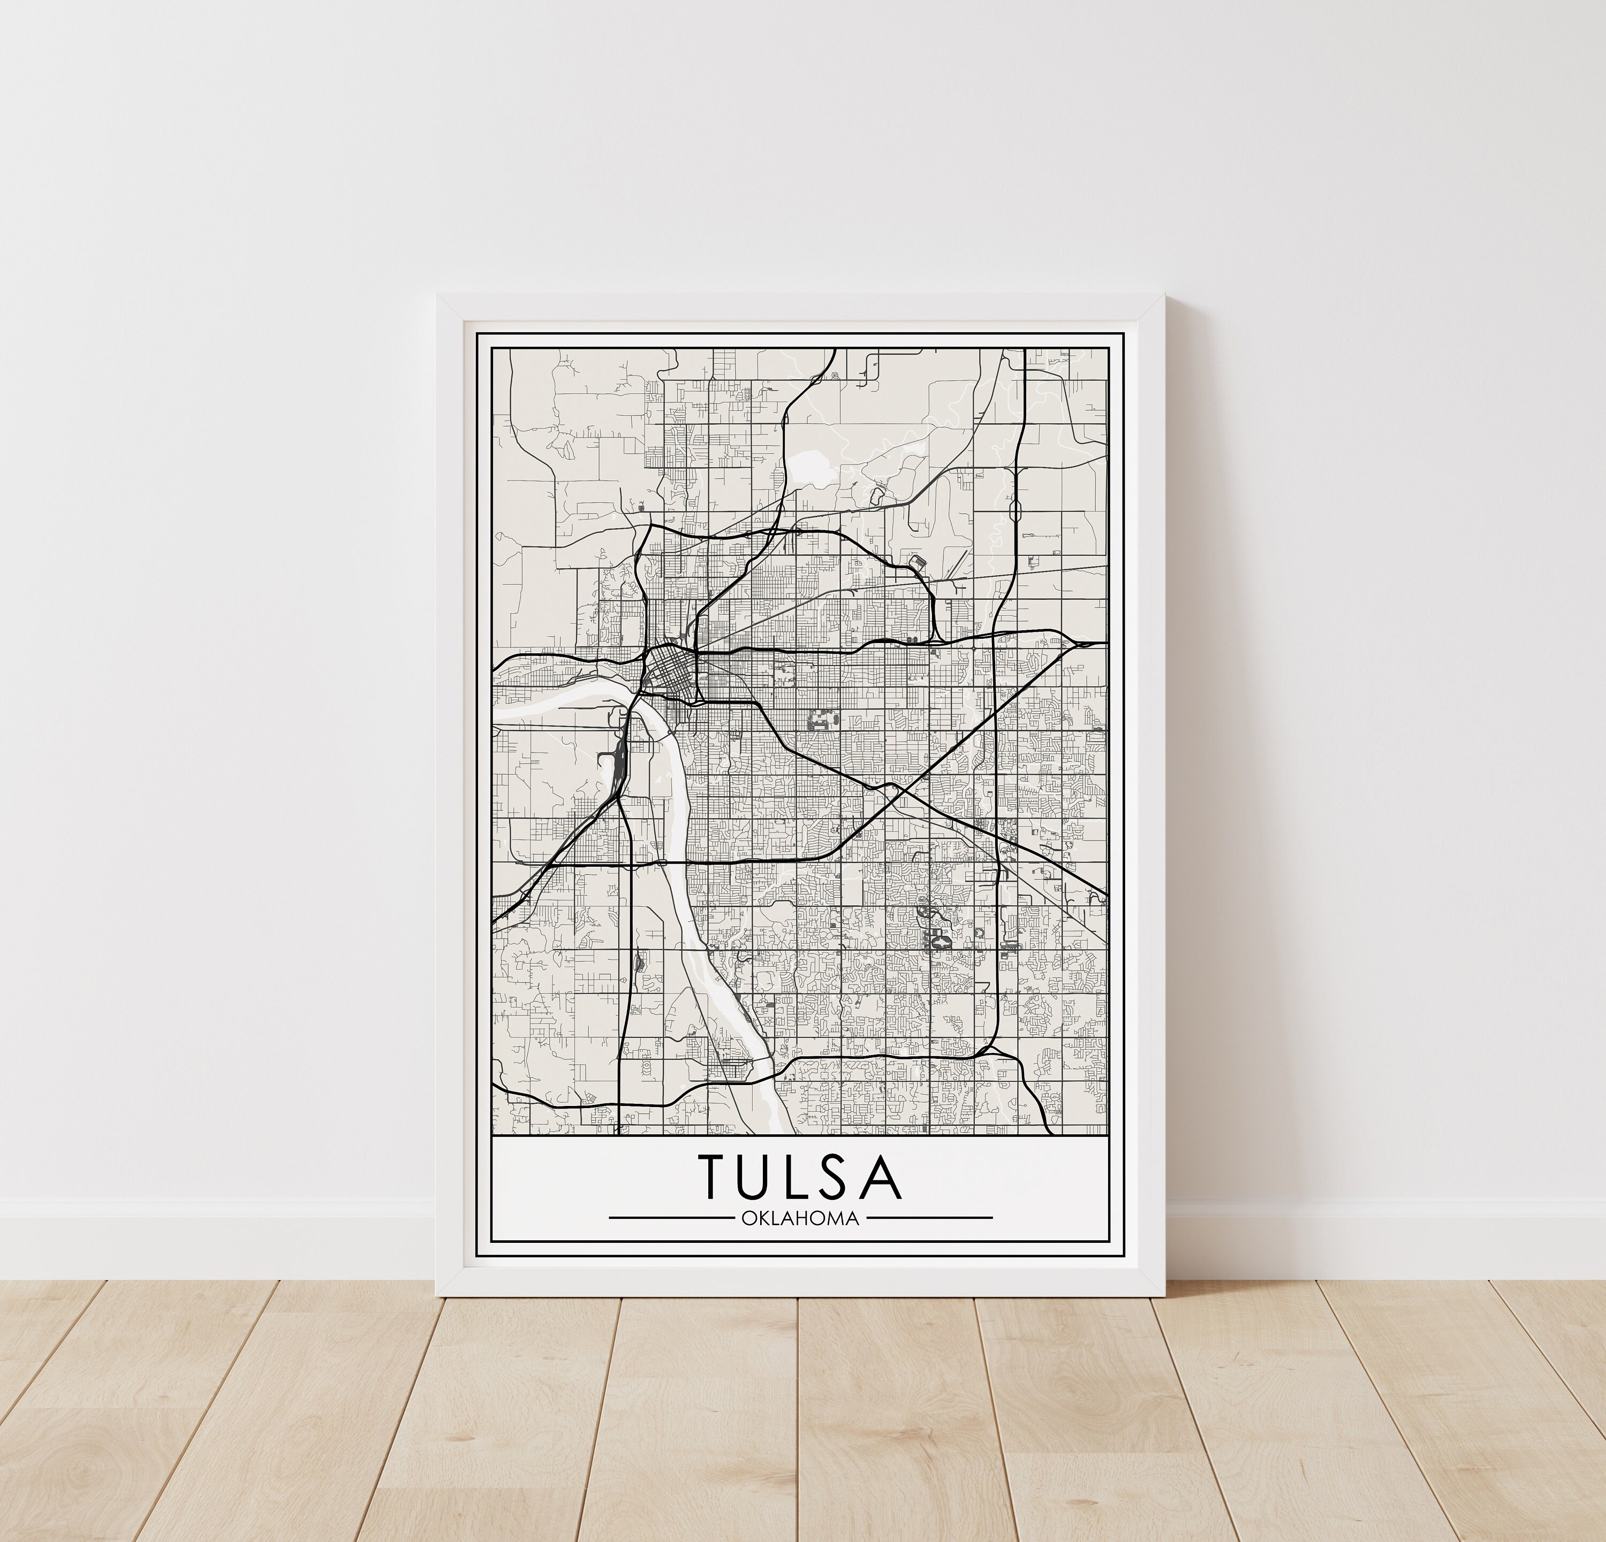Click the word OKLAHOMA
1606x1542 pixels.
coord(800,1218)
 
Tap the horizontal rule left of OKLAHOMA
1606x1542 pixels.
coord(670,1218)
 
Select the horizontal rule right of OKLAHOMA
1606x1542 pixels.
coord(929,1218)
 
